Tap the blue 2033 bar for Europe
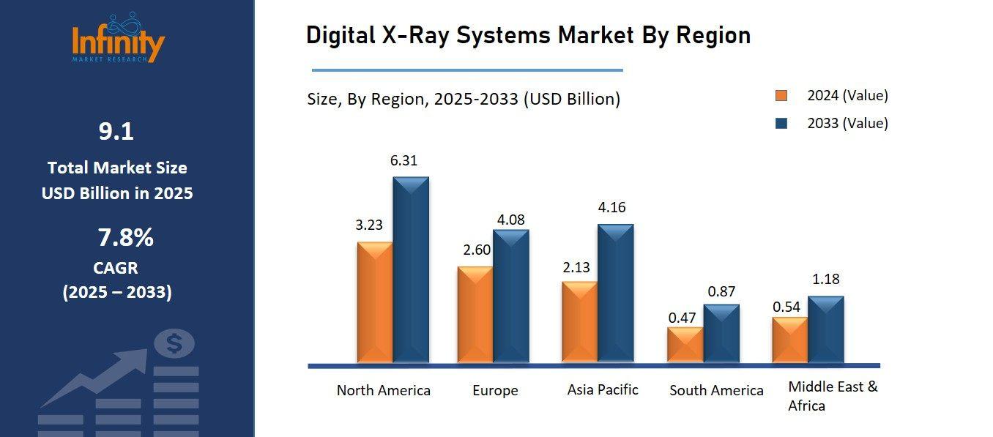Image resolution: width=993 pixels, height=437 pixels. [x=510, y=296]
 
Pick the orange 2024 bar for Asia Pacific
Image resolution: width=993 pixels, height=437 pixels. [x=579, y=321]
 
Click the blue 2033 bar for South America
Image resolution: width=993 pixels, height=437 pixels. [x=721, y=333]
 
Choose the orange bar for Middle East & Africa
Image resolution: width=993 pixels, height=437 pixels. [x=790, y=340]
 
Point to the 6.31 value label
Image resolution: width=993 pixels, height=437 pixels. [x=403, y=160]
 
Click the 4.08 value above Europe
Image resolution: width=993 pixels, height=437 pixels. [x=510, y=219]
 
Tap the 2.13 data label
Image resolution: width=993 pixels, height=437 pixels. [x=576, y=267]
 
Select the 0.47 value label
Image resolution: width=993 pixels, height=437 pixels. [x=682, y=318]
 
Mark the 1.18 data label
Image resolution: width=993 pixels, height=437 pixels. [x=826, y=279]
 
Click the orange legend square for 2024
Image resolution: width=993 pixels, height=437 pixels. [x=781, y=96]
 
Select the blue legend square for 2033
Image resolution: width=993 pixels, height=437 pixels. [x=781, y=124]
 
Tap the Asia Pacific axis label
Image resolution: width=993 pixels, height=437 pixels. [x=603, y=389]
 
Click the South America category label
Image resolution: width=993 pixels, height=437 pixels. [x=716, y=390]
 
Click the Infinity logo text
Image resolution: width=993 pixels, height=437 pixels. [x=119, y=42]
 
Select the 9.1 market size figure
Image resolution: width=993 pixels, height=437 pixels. [x=116, y=132]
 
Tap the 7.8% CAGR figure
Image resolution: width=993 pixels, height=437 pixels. [x=125, y=238]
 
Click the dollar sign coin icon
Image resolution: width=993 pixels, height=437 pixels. [x=174, y=343]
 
